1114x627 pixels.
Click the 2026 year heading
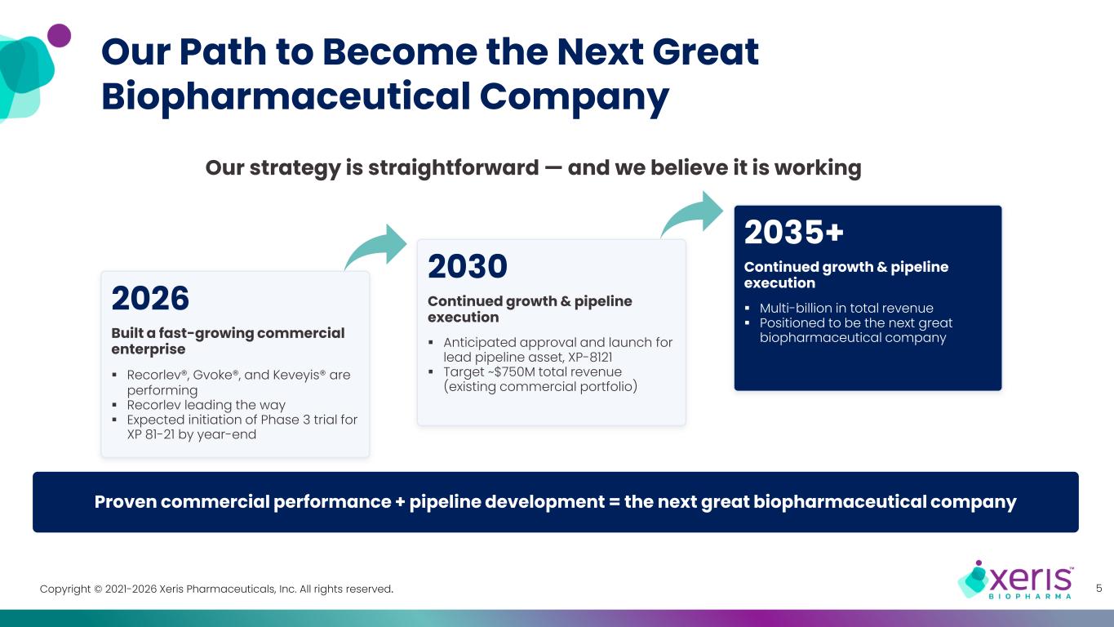coord(150,298)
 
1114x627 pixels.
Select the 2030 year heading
coord(468,266)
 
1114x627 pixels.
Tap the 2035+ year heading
coord(794,232)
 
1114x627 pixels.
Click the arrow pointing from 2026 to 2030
coord(379,247)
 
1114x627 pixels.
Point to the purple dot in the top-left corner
coord(60,35)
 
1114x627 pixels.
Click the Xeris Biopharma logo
coord(1015,579)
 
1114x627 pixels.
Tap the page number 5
coord(1098,588)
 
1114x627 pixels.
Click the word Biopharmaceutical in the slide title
coord(286,96)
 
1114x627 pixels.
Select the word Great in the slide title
coord(705,51)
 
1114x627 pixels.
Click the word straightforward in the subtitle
coord(453,167)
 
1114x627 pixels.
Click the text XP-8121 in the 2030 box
coord(590,358)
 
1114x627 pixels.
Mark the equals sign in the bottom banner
coord(615,502)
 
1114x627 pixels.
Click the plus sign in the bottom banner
coord(400,502)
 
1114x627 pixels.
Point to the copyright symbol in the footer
coord(98,589)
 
